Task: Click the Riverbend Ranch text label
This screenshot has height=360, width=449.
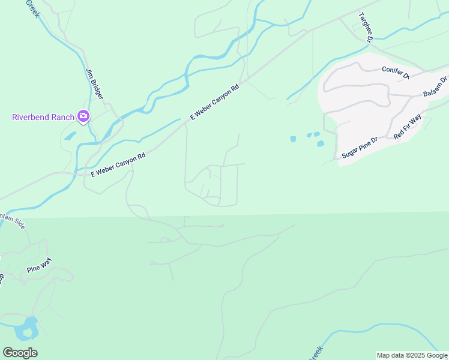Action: click(43, 116)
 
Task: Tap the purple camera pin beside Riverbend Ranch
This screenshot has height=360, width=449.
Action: click(83, 116)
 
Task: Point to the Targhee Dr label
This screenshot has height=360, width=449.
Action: click(366, 28)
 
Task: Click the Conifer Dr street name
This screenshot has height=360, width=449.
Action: click(395, 73)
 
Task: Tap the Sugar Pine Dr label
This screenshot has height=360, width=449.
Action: click(359, 148)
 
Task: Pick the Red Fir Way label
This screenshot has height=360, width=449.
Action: click(408, 127)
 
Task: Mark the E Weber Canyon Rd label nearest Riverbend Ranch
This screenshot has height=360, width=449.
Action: click(118, 164)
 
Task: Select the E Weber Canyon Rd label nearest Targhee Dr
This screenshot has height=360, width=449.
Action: click(215, 103)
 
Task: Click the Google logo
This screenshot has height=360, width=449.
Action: click(20, 353)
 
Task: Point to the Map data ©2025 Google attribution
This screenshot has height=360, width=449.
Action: click(412, 355)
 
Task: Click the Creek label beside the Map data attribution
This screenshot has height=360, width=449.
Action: click(316, 353)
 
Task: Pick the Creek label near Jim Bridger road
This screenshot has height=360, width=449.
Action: click(32, 8)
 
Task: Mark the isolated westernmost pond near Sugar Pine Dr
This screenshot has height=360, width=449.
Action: click(293, 139)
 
